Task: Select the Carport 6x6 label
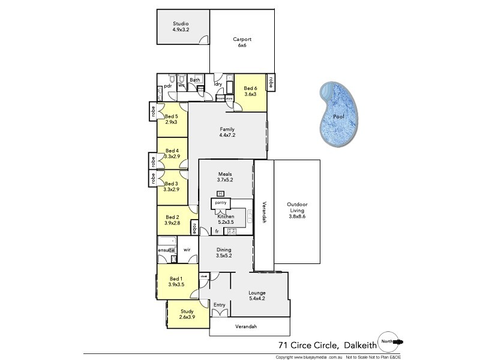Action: (242, 42)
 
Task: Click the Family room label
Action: (227, 132)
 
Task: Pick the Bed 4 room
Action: (172, 154)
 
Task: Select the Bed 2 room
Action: (173, 220)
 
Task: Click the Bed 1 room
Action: (176, 282)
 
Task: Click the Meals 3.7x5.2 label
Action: (225, 176)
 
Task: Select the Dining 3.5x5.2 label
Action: (224, 253)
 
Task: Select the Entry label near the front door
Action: (220, 305)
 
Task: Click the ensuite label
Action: (166, 250)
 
